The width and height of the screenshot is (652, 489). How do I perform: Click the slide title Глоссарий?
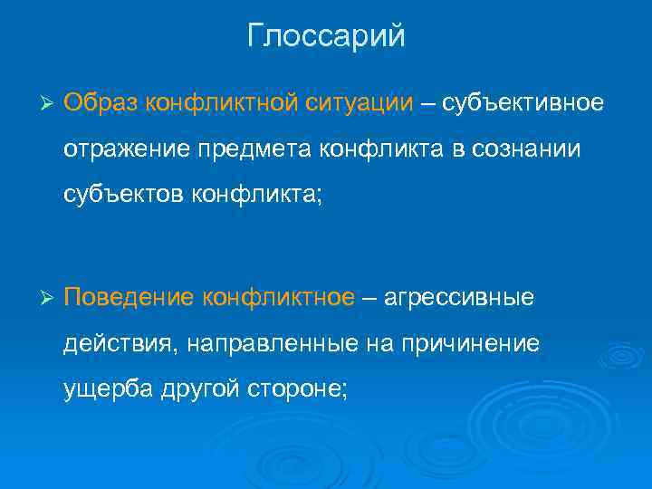pyautogui.click(x=326, y=38)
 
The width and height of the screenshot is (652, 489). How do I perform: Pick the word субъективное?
pyautogui.click(x=522, y=103)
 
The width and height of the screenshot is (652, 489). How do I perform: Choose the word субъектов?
pyautogui.click(x=123, y=193)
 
